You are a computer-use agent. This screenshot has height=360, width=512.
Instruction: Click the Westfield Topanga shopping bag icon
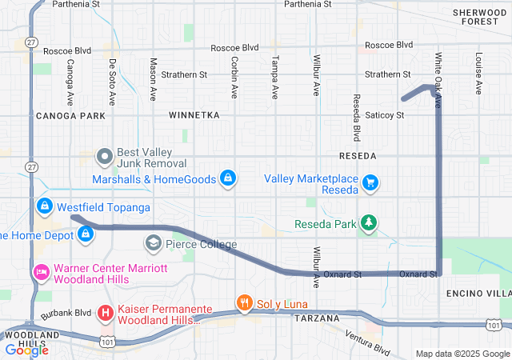click(45, 206)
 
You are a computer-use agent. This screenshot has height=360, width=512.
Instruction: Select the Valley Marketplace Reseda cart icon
click(370, 183)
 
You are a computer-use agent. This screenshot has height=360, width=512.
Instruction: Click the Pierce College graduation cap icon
click(153, 242)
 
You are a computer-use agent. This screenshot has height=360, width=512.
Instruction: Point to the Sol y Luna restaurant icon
click(244, 302)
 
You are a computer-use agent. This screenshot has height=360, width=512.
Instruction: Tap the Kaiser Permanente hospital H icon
click(103, 312)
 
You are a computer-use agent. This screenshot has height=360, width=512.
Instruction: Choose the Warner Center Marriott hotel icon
click(40, 273)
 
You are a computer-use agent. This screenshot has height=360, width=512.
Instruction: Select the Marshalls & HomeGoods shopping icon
click(228, 177)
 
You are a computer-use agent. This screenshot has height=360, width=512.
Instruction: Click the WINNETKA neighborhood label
click(194, 116)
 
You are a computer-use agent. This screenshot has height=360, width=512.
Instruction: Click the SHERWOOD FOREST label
click(479, 17)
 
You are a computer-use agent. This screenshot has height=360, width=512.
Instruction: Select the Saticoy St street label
click(385, 115)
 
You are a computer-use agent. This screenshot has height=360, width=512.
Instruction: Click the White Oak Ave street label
click(438, 73)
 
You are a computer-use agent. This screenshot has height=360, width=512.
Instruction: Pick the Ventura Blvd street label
click(367, 342)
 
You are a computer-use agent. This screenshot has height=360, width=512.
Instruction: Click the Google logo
click(26, 350)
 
